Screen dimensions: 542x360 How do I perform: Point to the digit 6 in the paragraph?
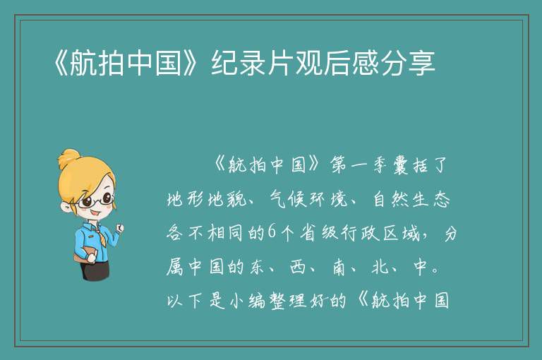click(272, 232)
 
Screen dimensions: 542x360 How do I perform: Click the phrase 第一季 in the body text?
click(359, 164)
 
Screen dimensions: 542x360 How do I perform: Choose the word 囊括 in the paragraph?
click(410, 165)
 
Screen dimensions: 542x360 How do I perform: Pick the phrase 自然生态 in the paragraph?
click(411, 199)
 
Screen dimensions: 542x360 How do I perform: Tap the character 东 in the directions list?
click(257, 267)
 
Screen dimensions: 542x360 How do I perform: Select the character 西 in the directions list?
click(297, 267)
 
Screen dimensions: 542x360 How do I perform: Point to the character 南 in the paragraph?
click(339, 267)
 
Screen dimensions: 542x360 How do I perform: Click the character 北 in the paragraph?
click(380, 267)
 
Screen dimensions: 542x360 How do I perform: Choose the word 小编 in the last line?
click(248, 301)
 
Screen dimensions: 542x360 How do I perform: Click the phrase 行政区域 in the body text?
click(380, 233)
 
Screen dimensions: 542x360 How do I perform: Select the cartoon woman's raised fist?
click(119, 227)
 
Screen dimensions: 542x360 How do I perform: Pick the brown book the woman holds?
click(85, 256)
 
